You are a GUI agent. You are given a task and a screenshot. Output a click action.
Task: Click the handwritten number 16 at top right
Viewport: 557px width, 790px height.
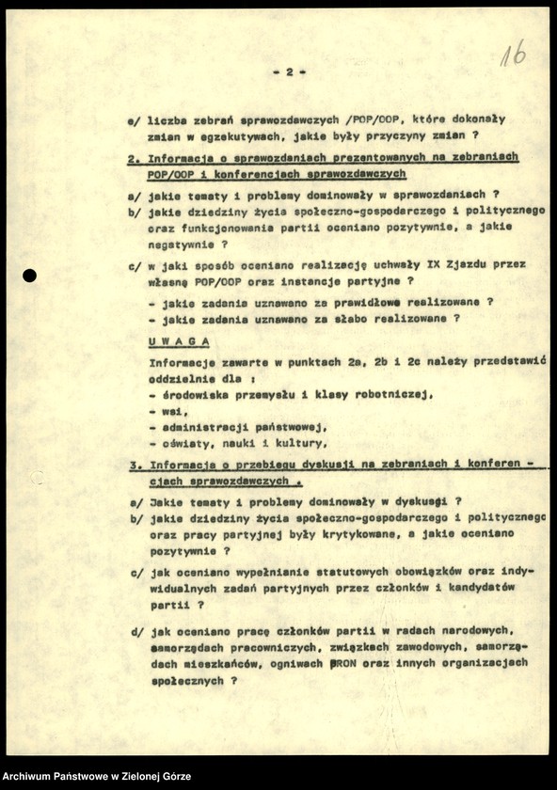(513, 54)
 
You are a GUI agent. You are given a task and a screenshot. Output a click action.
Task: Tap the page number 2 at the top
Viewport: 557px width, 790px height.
(290, 71)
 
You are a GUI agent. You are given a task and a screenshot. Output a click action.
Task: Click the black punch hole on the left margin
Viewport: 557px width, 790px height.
(29, 276)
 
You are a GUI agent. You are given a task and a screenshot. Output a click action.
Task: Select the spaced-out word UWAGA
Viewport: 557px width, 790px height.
(180, 341)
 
